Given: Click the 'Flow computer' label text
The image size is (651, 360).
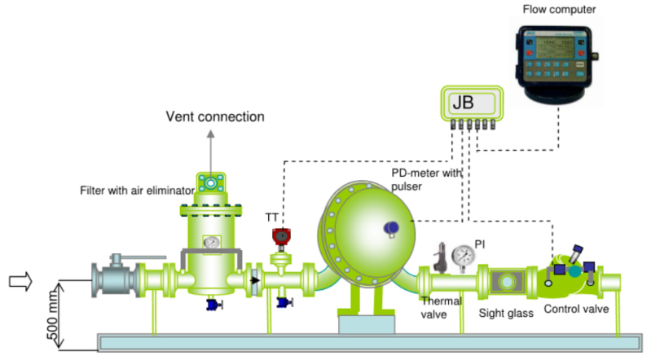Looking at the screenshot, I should (x=560, y=9).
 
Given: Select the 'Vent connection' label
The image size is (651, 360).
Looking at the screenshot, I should (x=215, y=116).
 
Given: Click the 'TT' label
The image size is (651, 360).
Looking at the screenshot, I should (x=271, y=217).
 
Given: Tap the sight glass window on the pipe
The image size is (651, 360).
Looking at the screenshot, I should (x=508, y=281).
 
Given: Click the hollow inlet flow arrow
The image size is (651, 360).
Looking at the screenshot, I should (x=20, y=282).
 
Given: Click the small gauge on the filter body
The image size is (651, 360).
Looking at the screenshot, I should (x=212, y=242).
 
